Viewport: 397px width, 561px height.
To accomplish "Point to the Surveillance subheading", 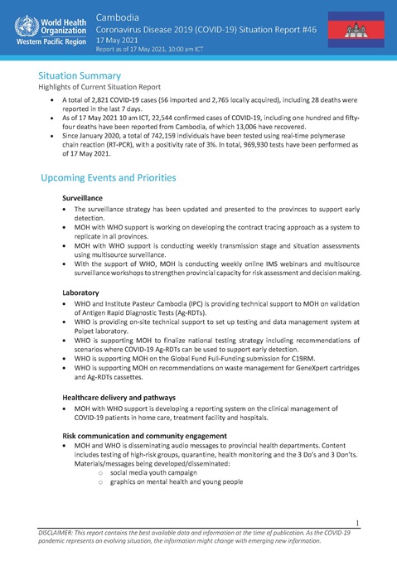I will (83, 200).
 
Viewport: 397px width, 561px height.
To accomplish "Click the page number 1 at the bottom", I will (356, 522).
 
